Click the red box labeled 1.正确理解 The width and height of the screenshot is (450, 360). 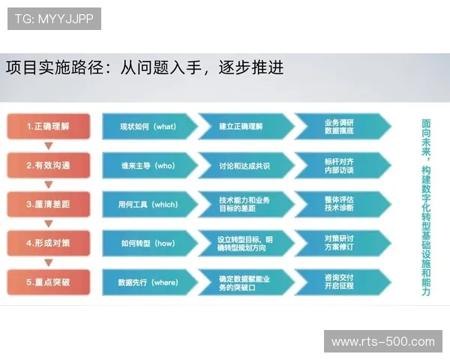[48, 126]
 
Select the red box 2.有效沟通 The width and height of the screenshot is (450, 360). [48, 165]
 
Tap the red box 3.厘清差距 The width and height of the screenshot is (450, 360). [48, 204]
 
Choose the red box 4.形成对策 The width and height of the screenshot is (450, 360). [48, 243]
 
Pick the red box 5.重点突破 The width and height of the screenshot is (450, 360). [48, 282]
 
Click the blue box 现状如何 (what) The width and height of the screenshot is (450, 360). [148, 126]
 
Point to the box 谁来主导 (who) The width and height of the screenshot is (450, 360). [148, 165]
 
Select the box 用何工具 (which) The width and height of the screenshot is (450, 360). [148, 204]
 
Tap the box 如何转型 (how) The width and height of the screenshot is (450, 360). [148, 243]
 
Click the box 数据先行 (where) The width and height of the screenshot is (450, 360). [148, 282]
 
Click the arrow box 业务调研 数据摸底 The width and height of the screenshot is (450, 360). [340, 126]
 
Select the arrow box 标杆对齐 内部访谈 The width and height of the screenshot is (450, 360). [340, 165]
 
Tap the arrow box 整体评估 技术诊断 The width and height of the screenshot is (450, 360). [340, 204]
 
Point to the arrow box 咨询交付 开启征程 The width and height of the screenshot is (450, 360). [340, 282]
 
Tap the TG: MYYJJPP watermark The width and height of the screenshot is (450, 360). [54, 19]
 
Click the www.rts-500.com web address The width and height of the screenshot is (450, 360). [382, 342]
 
